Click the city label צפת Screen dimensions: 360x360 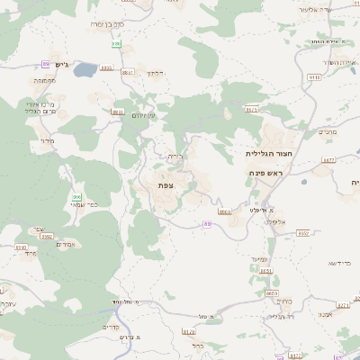pos(166,184)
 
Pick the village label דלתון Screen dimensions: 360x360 pos(155,72)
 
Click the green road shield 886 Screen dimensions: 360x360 pos(116,43)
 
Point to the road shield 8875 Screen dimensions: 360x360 pos(251,110)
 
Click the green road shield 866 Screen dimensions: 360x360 pos(77,197)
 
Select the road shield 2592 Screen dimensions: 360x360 pos(47,236)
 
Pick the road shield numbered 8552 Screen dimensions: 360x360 pos(303,233)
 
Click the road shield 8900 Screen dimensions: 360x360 pos(224,212)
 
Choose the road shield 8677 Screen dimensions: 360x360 pos(328,160)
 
